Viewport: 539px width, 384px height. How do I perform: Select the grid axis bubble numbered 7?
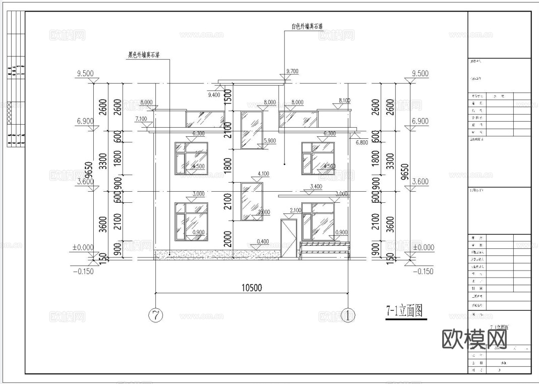pos(156,315)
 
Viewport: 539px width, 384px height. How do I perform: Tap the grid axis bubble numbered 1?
pos(347,315)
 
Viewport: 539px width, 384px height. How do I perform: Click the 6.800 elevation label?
pos(362,142)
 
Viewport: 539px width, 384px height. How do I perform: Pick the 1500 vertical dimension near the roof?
pos(227,95)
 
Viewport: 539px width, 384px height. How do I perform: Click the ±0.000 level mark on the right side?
pos(422,248)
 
